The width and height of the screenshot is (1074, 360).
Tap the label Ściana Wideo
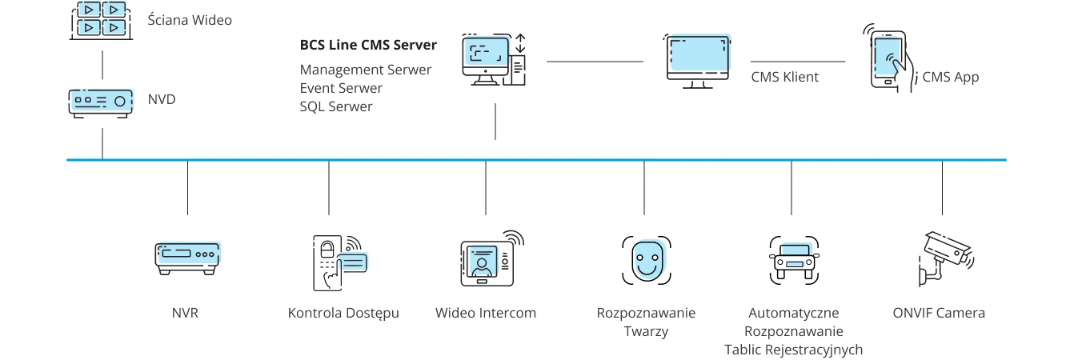pyautogui.click(x=190, y=20)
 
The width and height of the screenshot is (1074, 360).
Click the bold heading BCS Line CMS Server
pyautogui.click(x=368, y=46)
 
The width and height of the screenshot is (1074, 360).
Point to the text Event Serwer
pyautogui.click(x=341, y=88)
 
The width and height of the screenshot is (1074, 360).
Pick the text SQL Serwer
pyautogui.click(x=336, y=106)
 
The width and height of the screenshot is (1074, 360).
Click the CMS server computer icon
pyautogui.click(x=493, y=60)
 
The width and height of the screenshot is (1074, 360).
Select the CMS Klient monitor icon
pyautogui.click(x=698, y=58)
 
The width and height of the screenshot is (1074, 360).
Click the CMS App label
pyautogui.click(x=951, y=78)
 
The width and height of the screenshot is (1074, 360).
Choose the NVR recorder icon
pyautogui.click(x=187, y=258)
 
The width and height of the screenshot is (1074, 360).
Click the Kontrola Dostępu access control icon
pyautogui.click(x=337, y=262)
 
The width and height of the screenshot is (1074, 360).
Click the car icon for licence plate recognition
pyautogui.click(x=794, y=260)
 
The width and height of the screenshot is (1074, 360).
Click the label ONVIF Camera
pyautogui.click(x=939, y=313)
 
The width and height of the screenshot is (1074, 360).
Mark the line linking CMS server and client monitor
pyautogui.click(x=595, y=61)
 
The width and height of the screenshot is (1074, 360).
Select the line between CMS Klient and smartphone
pyautogui.click(x=798, y=61)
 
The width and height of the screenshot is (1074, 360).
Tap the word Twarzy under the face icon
pyautogui.click(x=646, y=331)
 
